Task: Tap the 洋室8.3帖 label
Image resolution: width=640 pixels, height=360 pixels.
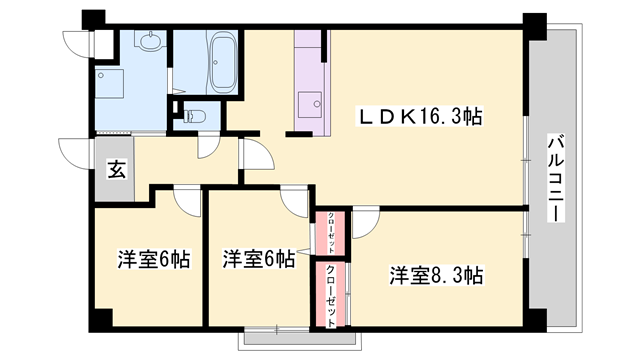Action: pyautogui.click(x=437, y=274)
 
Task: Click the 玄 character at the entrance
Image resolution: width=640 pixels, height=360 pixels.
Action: pyautogui.click(x=116, y=169)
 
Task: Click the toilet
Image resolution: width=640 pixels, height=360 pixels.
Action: pyautogui.click(x=194, y=115)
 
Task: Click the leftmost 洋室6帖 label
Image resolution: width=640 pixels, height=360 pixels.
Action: pyautogui.click(x=154, y=260)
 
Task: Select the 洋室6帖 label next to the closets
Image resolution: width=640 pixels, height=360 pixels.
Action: pyautogui.click(x=258, y=260)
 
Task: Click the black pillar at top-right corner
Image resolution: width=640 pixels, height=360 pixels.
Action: pyautogui.click(x=536, y=21)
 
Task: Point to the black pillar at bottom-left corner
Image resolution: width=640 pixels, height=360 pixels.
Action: pyautogui.click(x=96, y=322)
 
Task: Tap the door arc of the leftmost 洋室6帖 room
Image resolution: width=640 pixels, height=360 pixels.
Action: pyautogui.click(x=187, y=200)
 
